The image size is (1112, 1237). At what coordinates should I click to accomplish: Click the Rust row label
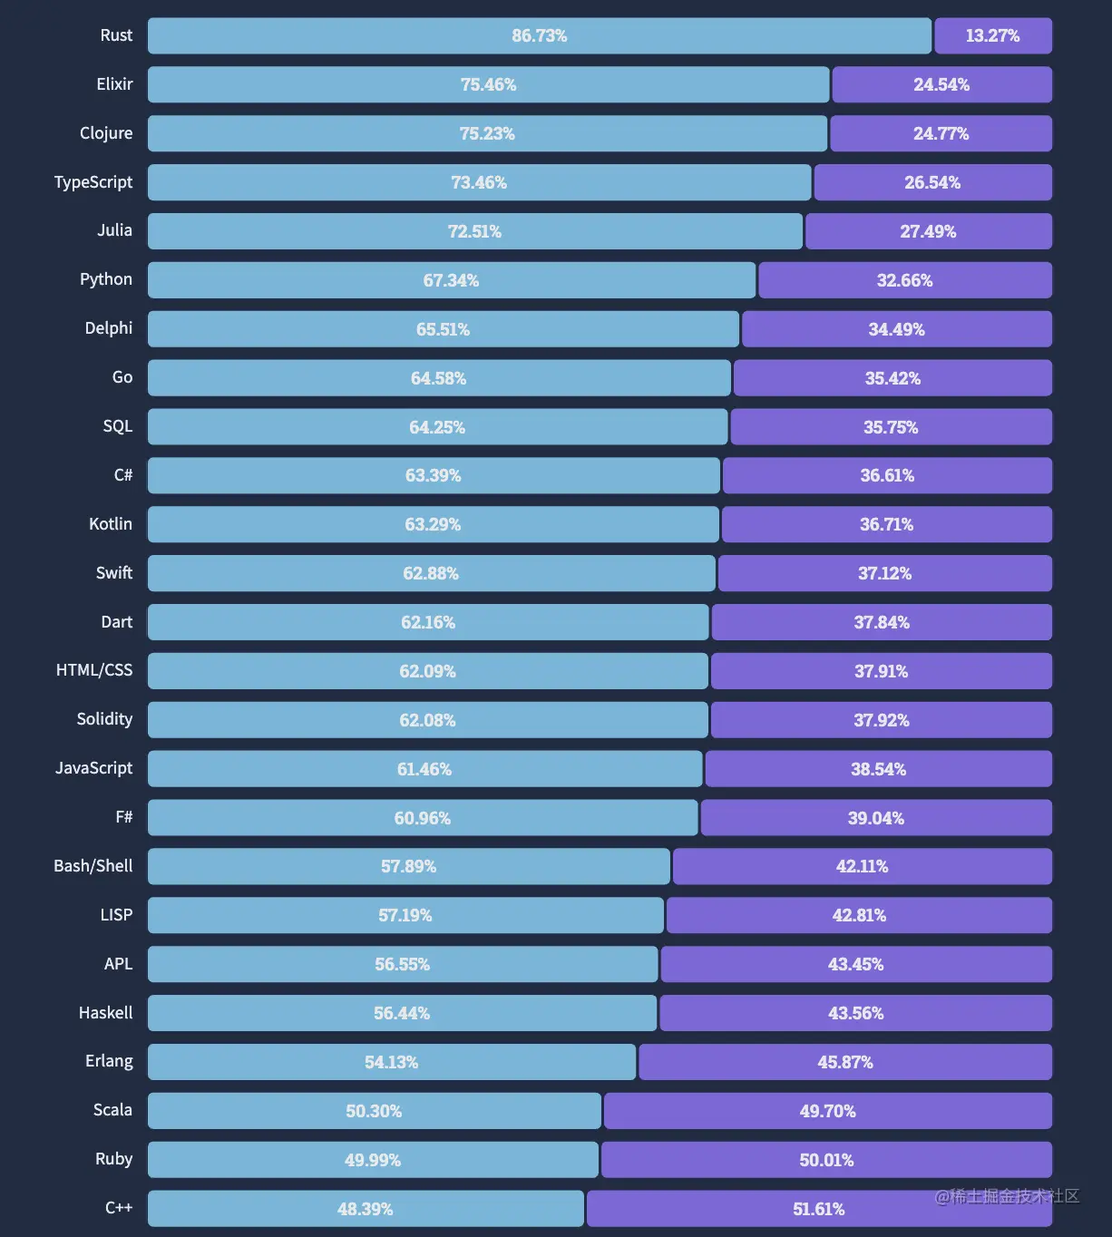116,35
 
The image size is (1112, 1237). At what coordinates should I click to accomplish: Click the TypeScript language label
93,182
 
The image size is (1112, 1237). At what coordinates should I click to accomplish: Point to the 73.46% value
479,182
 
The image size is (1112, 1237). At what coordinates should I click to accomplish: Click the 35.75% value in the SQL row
891,427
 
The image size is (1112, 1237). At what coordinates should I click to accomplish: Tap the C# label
123,475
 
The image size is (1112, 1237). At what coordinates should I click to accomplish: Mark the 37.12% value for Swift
885,573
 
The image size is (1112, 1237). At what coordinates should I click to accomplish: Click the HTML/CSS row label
94,670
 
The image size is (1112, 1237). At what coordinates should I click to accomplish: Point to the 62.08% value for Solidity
427,720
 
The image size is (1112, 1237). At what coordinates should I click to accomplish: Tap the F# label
124,817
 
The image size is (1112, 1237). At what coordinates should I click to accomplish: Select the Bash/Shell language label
93,866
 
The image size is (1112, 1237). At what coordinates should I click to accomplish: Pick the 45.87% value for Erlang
845,1062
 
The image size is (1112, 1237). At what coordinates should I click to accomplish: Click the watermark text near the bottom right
1007,1196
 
